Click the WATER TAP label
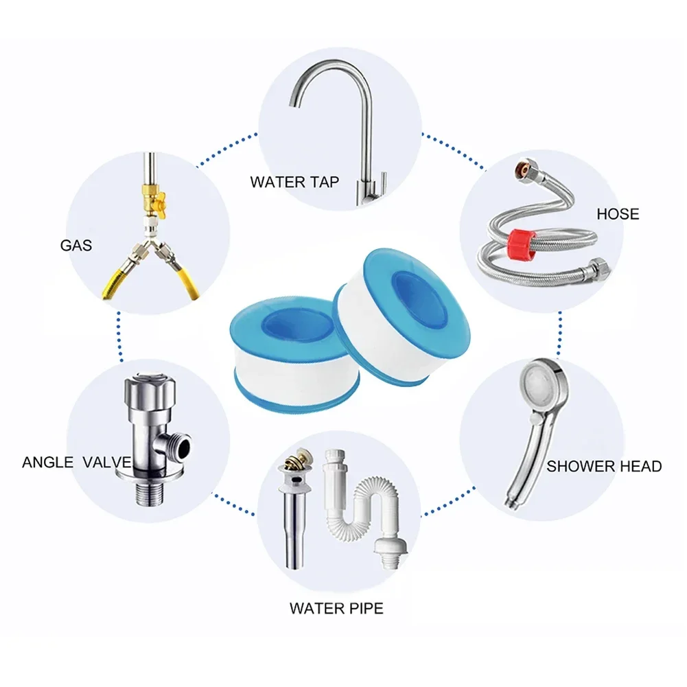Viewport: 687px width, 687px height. click(294, 182)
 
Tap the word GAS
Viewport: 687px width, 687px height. click(75, 246)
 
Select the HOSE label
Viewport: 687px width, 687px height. click(618, 214)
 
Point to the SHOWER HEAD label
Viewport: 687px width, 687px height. click(604, 466)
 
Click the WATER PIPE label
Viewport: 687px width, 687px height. click(336, 609)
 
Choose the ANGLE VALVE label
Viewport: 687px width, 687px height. click(77, 463)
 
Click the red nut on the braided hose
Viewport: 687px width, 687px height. click(520, 244)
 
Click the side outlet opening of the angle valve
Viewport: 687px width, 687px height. click(183, 446)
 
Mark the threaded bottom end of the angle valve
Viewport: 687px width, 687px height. click(151, 493)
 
